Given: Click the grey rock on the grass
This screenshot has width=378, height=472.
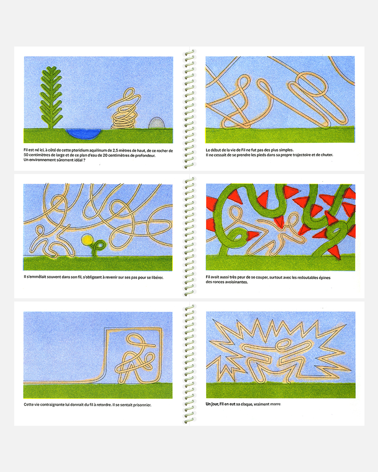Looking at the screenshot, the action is click(x=156, y=123).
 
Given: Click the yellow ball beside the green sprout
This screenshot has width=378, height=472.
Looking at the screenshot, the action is click(x=86, y=240).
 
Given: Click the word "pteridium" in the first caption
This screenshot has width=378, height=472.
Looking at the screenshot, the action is click(x=80, y=151).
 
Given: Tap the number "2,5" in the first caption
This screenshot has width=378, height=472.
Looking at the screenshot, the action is click(x=115, y=151).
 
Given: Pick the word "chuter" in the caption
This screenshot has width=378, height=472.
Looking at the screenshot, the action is click(x=326, y=155).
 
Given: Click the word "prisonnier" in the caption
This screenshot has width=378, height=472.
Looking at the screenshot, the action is click(x=142, y=405).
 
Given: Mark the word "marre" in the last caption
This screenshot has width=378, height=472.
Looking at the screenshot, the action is click(x=276, y=404).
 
